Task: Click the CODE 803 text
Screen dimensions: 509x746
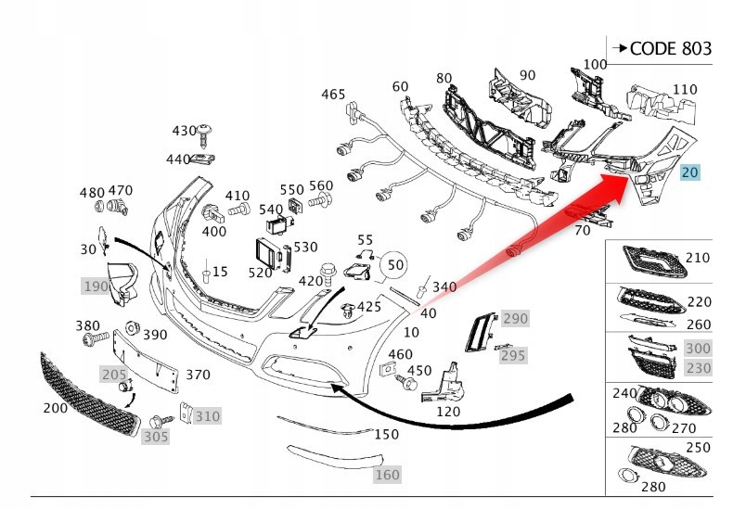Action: coord(670,48)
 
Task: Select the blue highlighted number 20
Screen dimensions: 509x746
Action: coord(690,172)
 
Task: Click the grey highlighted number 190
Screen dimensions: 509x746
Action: coord(96,286)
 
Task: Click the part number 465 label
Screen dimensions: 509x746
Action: coord(333,95)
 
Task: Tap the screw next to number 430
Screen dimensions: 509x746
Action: coord(203,137)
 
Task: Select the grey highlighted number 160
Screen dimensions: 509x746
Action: coord(387,476)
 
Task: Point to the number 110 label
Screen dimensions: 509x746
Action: coord(685,90)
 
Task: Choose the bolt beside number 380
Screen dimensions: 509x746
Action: coord(95,340)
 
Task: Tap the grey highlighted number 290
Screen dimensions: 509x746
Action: coord(515,319)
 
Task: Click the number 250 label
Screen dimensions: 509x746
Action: coord(697,448)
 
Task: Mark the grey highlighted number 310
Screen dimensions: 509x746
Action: coord(208,416)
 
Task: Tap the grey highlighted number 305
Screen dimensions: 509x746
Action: coord(156,436)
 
